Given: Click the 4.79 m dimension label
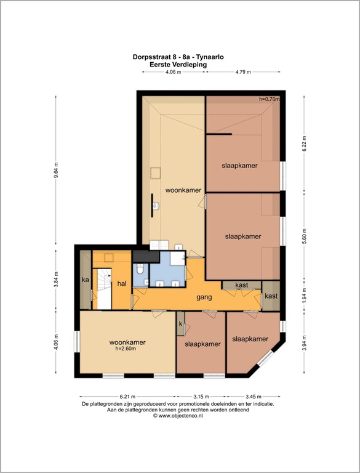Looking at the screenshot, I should point(244,72).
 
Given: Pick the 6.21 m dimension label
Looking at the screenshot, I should point(127,397).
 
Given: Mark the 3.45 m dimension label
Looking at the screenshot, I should point(254,397).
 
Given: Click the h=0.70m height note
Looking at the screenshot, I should point(269,99).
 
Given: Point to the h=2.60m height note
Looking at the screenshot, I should point(127,349).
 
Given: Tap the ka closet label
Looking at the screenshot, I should point(86,280).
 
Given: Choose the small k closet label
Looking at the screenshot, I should point(180,323).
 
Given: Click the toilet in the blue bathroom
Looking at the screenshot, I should point(141,269).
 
